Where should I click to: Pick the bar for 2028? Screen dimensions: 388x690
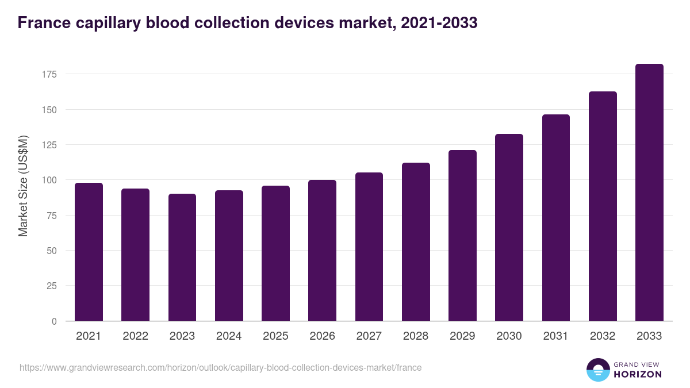416,242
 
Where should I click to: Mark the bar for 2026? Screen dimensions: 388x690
322,251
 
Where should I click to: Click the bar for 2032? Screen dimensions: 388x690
603,206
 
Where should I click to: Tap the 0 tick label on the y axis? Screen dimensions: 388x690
55,321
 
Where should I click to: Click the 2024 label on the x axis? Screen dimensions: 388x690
229,336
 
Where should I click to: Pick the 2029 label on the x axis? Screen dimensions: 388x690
462,336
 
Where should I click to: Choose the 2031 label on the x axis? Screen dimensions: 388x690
556,336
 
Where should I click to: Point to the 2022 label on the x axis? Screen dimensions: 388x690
136,336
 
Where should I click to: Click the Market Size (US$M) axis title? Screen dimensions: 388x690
23,186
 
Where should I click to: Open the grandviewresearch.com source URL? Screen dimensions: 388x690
220,368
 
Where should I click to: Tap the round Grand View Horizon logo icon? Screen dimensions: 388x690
597,370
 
